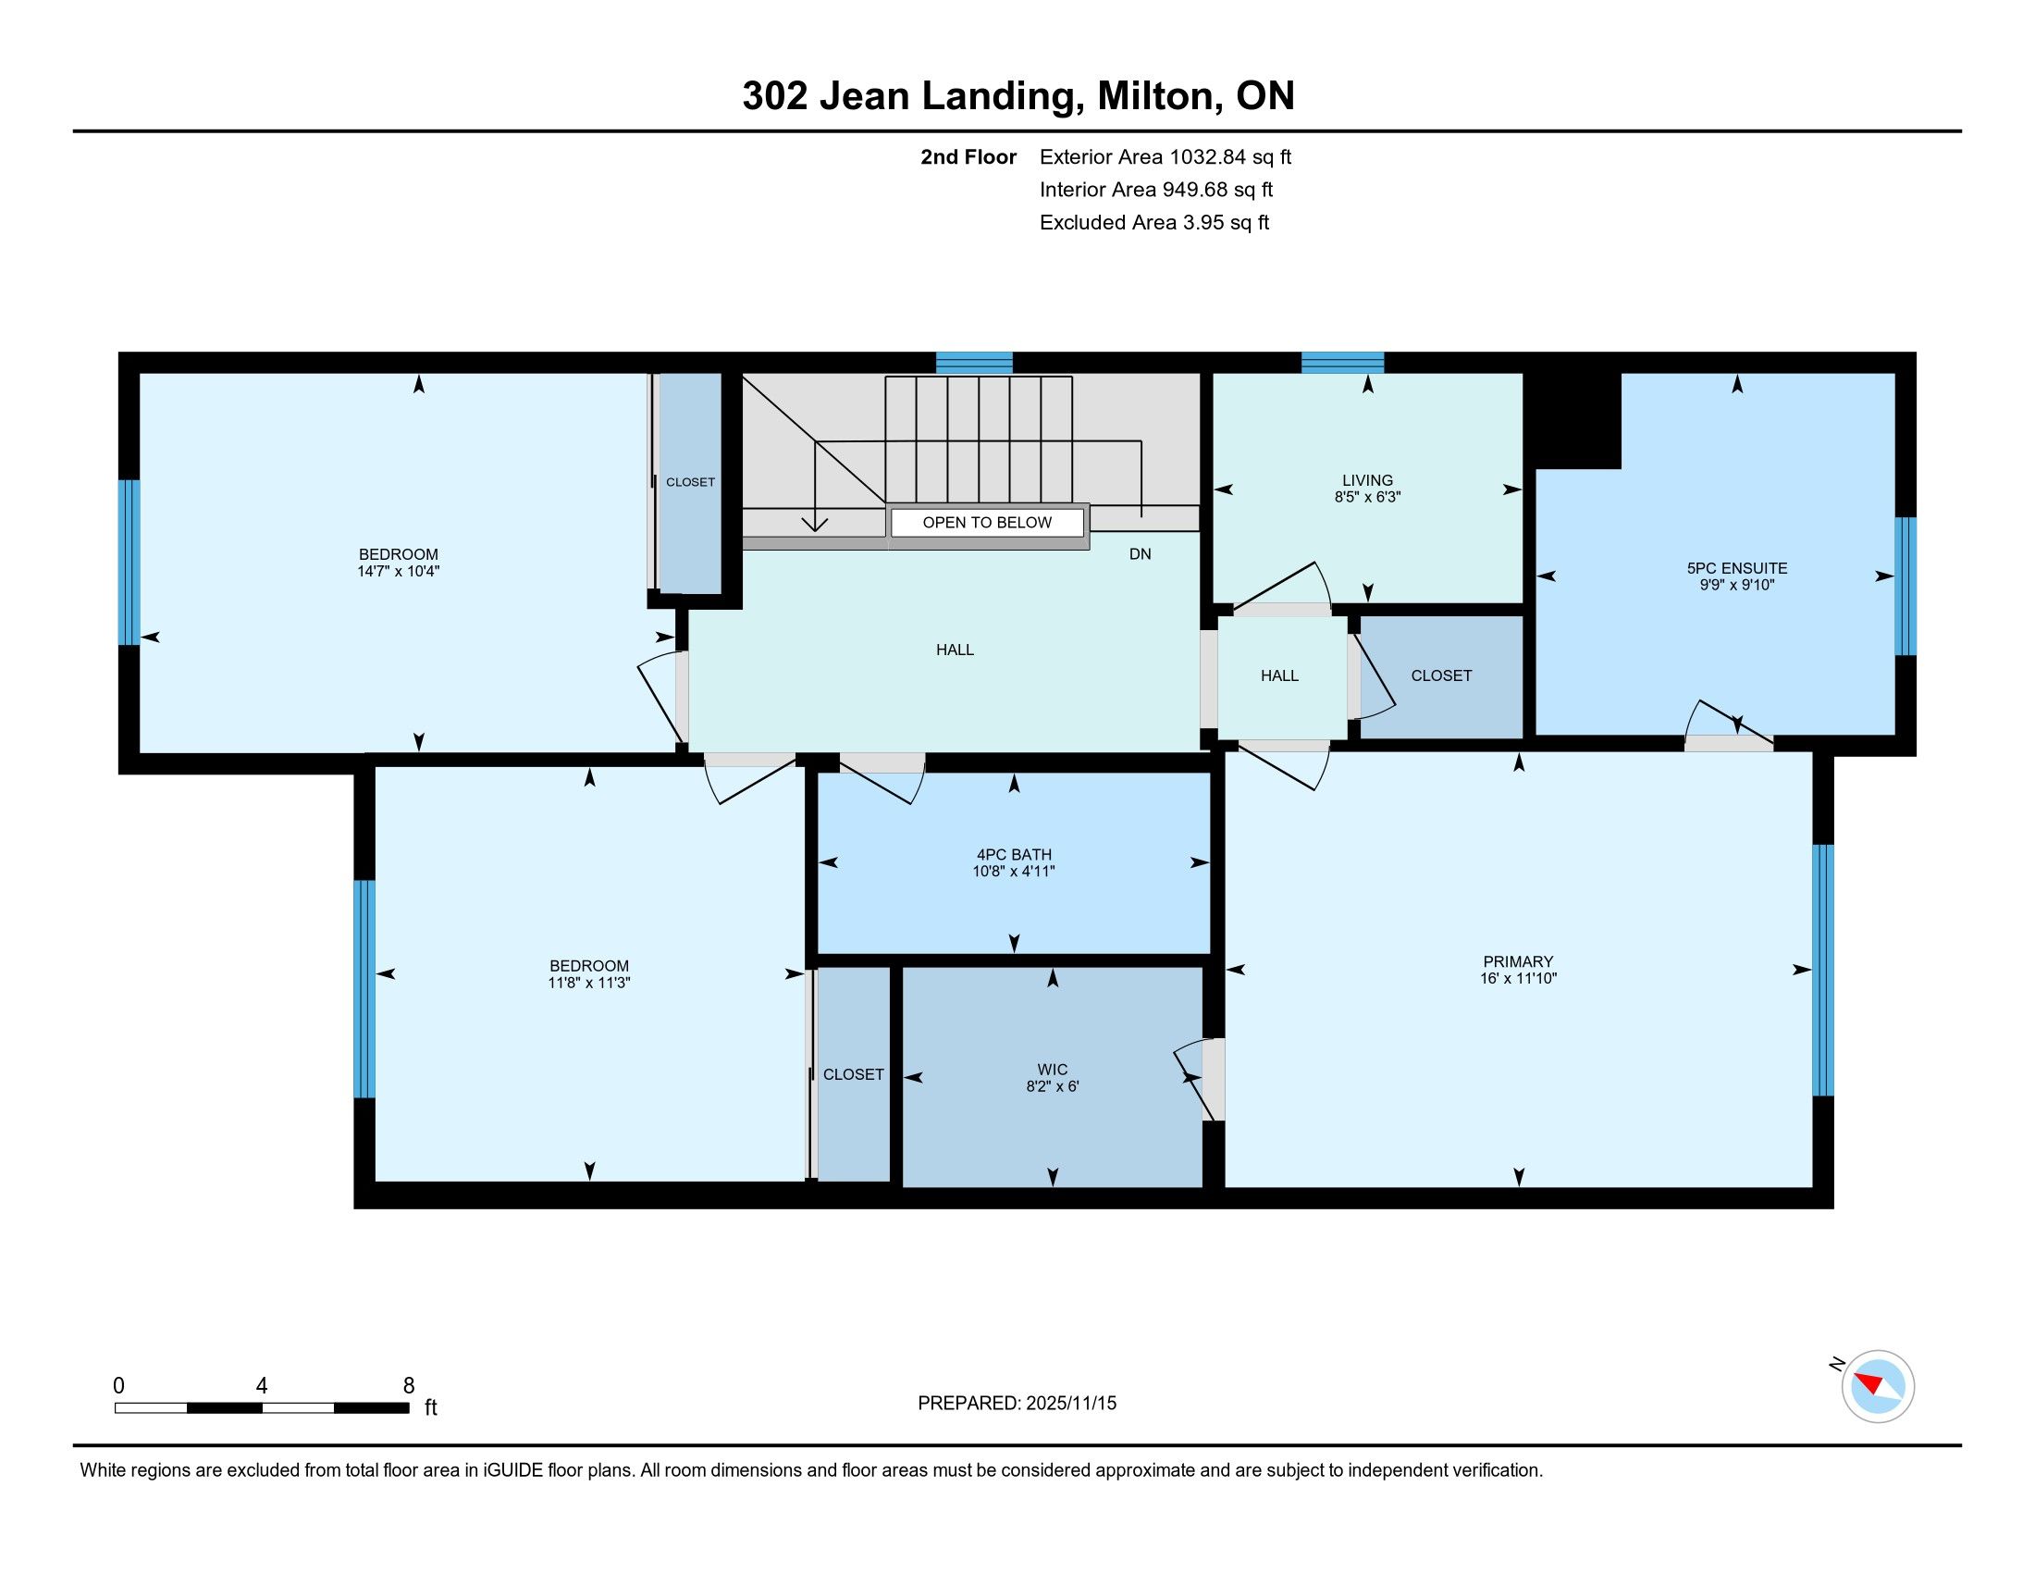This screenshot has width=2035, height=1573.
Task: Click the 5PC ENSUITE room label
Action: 1737,568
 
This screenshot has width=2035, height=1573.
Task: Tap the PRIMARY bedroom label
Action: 1518,961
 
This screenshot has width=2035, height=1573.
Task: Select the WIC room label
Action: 1052,1070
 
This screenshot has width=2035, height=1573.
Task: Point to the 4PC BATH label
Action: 1014,855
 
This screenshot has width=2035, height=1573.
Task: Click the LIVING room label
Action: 1367,481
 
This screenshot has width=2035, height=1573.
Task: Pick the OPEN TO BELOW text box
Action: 988,523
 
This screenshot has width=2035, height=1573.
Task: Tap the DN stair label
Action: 1140,554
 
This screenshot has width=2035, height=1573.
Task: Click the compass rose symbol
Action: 1878,1386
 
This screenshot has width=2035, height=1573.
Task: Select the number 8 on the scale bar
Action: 408,1386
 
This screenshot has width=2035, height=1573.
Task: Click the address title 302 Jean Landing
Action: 913,96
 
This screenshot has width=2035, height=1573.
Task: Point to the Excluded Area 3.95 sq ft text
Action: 1154,223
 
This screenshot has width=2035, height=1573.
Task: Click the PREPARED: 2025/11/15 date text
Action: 1017,1404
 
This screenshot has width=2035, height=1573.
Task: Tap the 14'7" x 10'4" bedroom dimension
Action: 398,571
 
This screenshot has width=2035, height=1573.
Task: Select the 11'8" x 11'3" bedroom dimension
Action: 589,983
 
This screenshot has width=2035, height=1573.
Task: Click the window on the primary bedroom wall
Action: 1823,970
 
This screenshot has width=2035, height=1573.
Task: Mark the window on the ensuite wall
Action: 1906,586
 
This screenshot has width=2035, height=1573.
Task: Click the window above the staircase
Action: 974,363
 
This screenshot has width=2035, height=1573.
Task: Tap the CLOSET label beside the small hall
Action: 1440,675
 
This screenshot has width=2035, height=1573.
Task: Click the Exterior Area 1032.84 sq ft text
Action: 1165,157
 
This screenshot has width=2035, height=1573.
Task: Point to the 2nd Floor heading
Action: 968,157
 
